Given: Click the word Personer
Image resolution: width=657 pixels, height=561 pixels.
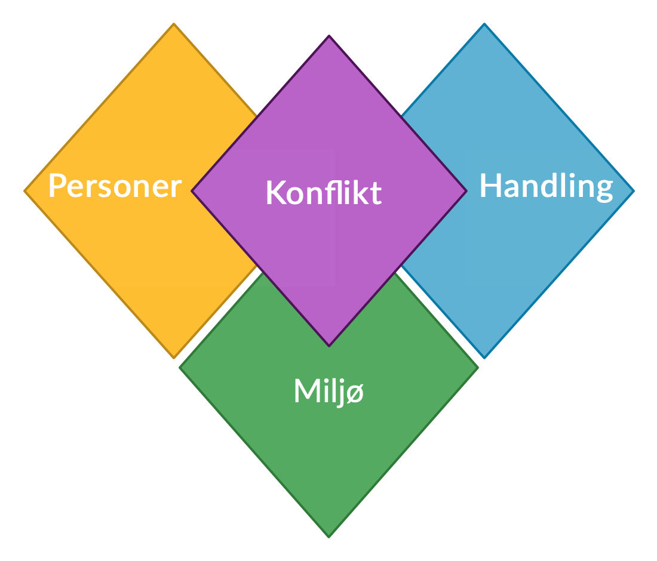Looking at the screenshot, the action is tap(115, 186).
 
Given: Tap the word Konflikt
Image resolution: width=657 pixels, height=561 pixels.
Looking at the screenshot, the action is tap(324, 193).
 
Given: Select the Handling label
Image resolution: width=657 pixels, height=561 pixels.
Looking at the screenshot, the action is tap(547, 187).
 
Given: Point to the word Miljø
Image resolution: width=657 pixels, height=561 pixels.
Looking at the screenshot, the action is tap(329, 392).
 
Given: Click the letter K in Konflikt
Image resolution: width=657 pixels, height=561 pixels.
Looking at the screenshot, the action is tap(277, 193).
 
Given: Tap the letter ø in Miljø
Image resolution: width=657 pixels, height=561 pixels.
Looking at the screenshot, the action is tap(355, 393).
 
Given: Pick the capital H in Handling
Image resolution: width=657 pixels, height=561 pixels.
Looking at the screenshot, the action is tap(490, 185).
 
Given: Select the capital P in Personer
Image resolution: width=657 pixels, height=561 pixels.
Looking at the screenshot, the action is tap(58, 186).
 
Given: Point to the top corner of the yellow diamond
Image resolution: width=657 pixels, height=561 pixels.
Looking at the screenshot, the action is tap(174, 24).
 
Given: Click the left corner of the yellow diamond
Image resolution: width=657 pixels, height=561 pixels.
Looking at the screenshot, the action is tap(24, 191).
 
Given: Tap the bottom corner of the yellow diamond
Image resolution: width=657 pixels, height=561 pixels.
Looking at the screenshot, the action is tap(174, 358).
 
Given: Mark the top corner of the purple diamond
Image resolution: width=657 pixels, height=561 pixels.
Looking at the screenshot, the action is tap(329, 36).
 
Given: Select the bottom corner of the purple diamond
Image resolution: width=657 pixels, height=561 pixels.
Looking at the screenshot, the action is tap(329, 346).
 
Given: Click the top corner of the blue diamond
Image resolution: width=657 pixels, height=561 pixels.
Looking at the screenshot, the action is tap(484, 24).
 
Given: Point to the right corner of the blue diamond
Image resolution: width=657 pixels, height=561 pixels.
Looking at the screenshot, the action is tap(634, 191).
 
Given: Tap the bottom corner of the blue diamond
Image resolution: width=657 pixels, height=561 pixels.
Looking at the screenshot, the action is tap(484, 358).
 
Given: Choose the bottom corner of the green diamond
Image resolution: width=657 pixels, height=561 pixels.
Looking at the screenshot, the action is tap(329, 538).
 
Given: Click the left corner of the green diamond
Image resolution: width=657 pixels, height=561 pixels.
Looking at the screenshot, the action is tap(180, 368).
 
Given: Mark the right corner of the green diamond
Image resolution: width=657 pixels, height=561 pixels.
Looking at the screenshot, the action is tap(478, 368).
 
